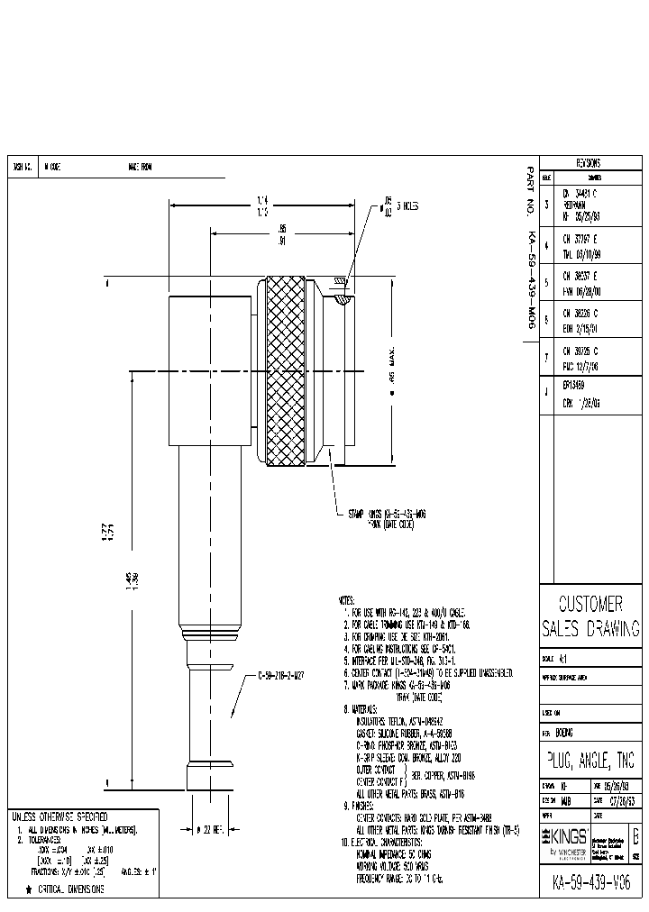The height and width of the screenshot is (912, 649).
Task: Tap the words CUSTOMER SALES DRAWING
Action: [590, 616]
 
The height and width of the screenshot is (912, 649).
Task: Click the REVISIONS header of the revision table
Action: [589, 164]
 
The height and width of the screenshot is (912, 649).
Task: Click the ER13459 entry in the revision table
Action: [574, 384]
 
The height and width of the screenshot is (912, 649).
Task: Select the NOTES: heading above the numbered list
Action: [347, 598]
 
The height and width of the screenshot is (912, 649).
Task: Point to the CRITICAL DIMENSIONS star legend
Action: [63, 889]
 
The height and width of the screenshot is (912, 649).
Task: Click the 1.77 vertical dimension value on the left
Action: [108, 543]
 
